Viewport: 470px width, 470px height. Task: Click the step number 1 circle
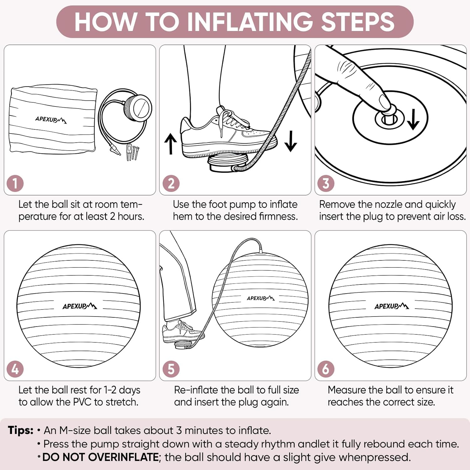tap(15, 184)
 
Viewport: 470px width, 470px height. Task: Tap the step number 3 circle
tap(326, 184)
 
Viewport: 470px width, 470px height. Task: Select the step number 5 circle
tap(171, 369)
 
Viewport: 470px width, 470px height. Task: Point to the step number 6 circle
tap(326, 369)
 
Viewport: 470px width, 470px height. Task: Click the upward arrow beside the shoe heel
tap(170, 144)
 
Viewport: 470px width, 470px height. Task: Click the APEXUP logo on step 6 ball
tap(391, 306)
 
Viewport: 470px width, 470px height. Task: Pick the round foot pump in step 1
tap(138, 107)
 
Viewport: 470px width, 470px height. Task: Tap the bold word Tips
tap(20, 430)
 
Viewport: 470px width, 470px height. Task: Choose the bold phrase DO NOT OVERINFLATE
tap(101, 457)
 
